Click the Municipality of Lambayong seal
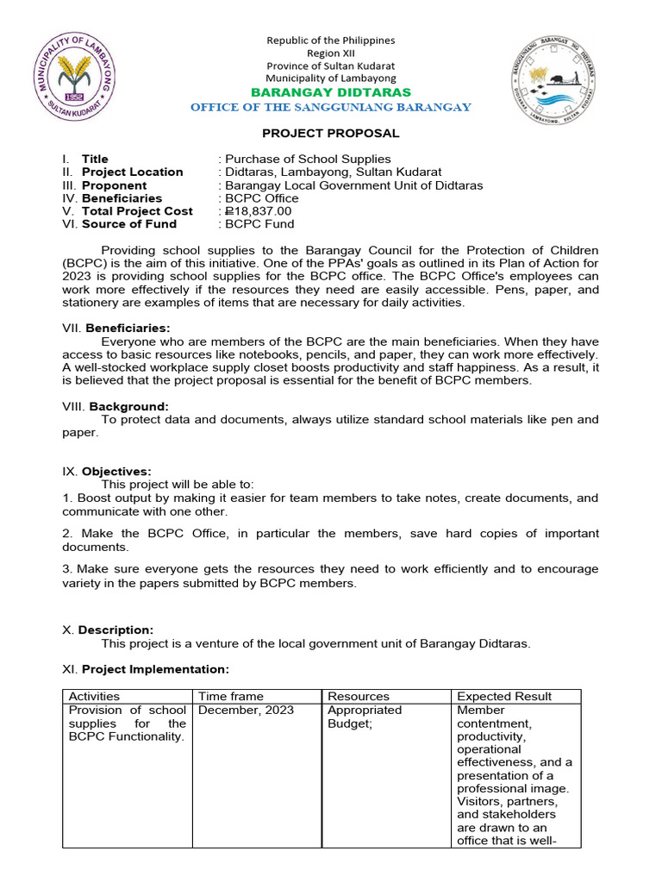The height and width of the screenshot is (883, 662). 84,77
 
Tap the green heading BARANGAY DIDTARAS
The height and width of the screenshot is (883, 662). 330,92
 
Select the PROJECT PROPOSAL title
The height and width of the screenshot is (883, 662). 330,133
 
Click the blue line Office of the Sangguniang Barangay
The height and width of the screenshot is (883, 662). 330,107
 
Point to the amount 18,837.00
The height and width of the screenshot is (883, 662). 259,211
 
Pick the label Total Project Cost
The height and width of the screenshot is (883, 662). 137,211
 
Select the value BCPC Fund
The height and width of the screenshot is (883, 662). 259,224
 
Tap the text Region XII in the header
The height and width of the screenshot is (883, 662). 330,53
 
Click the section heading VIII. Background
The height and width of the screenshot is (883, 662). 127,406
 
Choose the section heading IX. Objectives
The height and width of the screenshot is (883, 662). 116,471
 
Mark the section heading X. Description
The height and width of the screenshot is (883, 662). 116,630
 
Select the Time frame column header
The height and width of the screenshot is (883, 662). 231,696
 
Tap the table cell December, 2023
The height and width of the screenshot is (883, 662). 246,711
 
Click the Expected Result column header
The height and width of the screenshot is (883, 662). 504,696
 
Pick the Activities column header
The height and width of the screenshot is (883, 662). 94,696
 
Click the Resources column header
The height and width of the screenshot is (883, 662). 358,696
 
